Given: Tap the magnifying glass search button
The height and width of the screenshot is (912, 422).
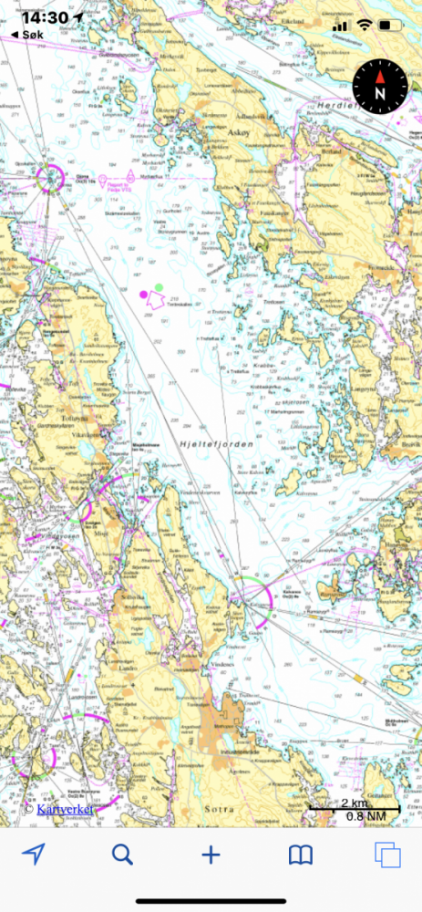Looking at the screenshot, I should click(x=122, y=855).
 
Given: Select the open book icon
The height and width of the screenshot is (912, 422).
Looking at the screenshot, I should click(x=301, y=855).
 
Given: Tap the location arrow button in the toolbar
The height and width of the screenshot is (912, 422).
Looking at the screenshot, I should click(x=34, y=855).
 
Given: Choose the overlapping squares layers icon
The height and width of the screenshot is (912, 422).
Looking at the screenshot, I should click(x=387, y=855).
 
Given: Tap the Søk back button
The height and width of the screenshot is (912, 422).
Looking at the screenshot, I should click(x=27, y=34).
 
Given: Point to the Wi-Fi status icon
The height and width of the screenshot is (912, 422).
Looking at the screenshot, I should click(x=365, y=24).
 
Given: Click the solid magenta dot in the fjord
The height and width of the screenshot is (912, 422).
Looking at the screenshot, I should click(x=143, y=295).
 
